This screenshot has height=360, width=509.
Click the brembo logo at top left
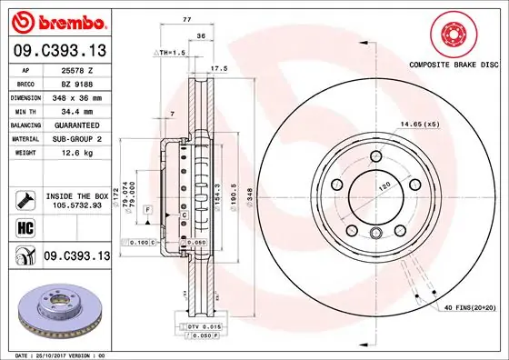(56, 20)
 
